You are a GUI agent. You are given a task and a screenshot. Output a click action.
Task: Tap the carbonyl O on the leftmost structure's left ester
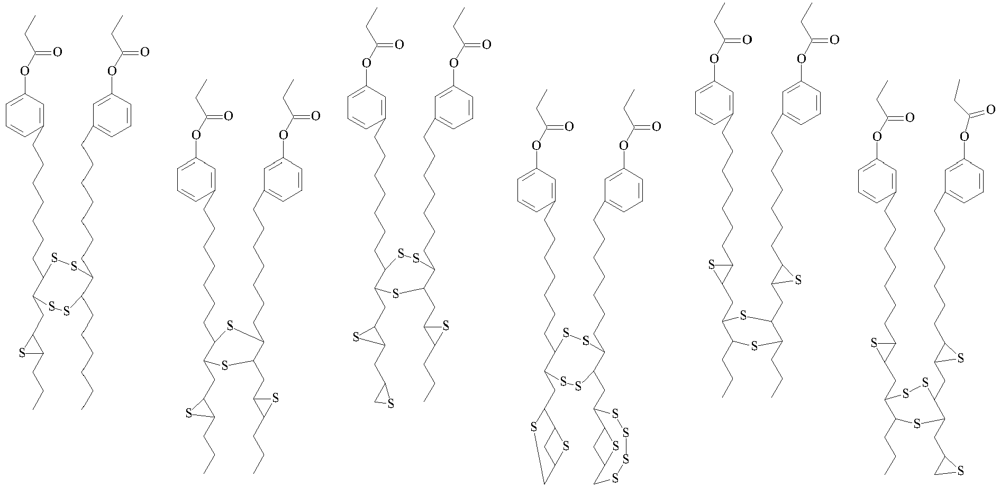(57, 52)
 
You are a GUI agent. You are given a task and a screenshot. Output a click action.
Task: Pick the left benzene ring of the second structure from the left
(196, 179)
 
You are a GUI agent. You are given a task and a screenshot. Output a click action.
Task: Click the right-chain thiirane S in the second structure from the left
(275, 398)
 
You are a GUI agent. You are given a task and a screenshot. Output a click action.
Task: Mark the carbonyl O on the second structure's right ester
(315, 116)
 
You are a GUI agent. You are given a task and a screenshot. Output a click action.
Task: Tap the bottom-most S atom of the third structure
(391, 405)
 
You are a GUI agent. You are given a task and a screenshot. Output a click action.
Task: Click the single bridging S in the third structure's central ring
(395, 293)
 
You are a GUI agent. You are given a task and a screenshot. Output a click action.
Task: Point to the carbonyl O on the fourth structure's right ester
(656, 127)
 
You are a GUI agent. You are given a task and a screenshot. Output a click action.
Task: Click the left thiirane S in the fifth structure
(712, 264)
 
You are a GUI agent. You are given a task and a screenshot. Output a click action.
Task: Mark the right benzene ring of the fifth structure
(802, 103)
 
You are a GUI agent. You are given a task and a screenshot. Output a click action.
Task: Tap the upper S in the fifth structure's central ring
(743, 316)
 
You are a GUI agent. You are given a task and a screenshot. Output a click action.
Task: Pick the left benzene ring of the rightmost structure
(877, 181)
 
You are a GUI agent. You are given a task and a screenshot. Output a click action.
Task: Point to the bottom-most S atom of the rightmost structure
(960, 470)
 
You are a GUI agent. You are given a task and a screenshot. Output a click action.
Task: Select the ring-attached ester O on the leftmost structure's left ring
(23, 70)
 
